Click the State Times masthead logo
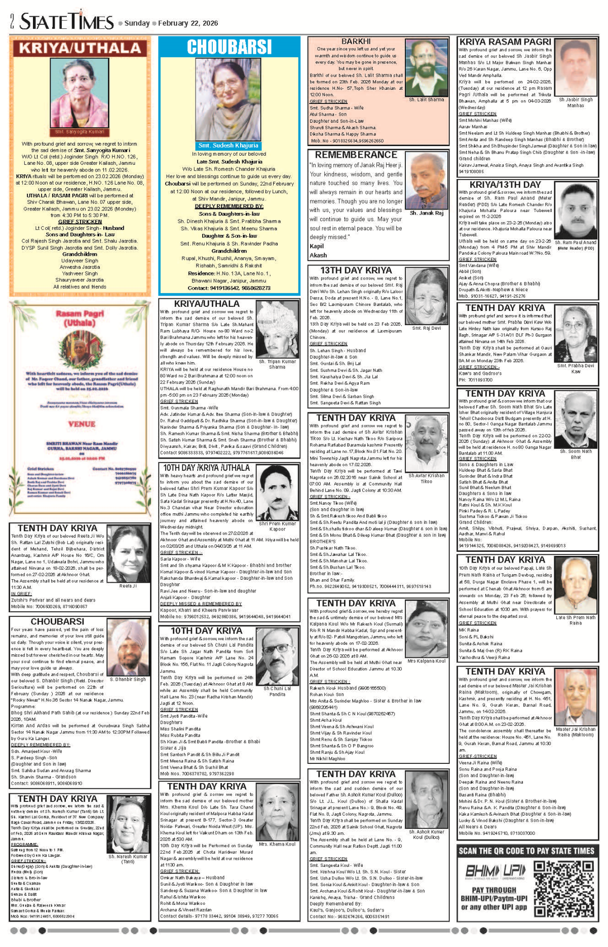coord(67,21)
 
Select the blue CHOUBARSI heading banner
coord(229,47)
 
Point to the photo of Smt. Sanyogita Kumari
coord(80,94)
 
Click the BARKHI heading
coord(356,41)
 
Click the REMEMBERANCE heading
coord(356,155)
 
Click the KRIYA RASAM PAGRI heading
coord(505,42)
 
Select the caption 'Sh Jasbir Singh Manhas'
coord(576,102)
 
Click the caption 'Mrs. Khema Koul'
coord(277,844)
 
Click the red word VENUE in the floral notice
coord(81,424)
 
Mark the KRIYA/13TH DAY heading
coord(505,185)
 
